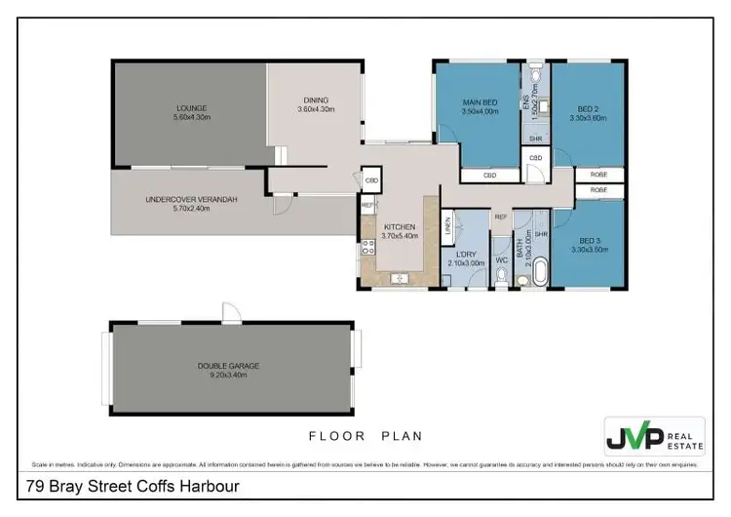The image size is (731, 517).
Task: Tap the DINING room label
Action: (315, 99)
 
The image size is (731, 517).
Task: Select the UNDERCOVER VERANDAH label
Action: (191, 200)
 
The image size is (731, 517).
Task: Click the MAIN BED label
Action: (481, 102)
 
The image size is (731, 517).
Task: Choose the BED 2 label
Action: (588, 108)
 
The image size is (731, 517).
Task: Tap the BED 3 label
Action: (588, 241)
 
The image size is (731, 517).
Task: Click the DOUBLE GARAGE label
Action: (228, 366)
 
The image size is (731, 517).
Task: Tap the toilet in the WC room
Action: (500, 279)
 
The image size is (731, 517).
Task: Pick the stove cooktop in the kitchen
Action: (368, 247)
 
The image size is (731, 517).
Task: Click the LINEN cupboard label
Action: (448, 228)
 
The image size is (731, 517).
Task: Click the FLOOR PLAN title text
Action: (365, 436)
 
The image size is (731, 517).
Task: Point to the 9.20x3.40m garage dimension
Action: (228, 375)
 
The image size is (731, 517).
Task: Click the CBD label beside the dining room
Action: (371, 180)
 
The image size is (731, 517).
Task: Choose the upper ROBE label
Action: (598, 175)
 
